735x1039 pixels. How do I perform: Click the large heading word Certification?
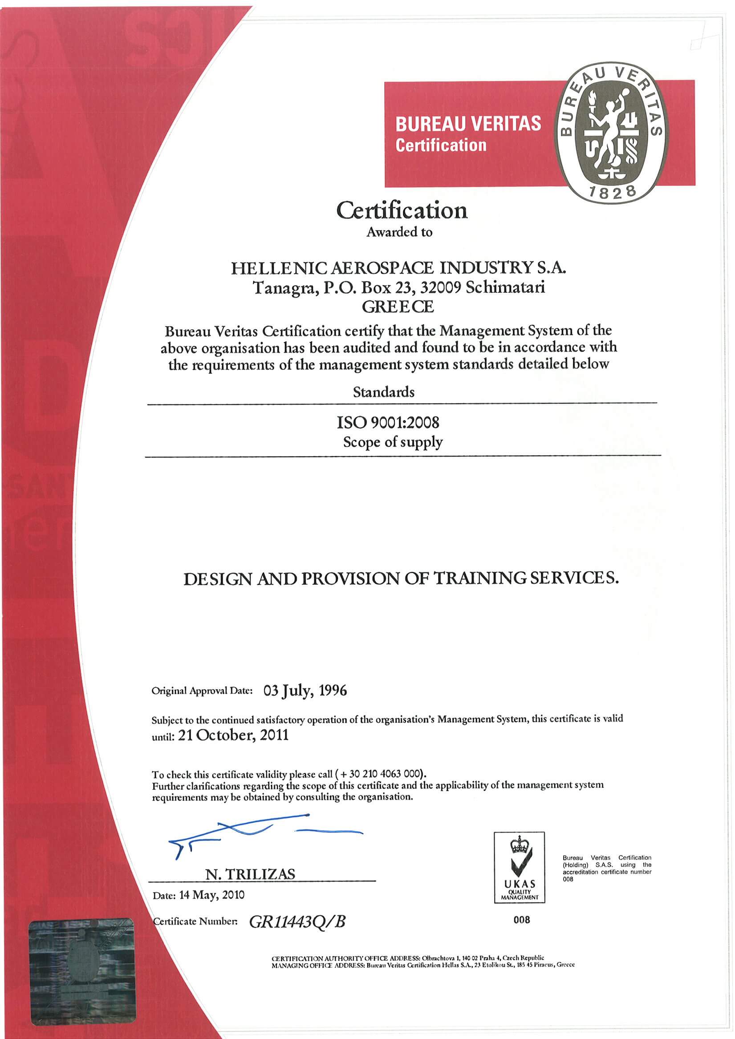(401, 211)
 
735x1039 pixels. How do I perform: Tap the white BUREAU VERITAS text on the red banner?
(468, 124)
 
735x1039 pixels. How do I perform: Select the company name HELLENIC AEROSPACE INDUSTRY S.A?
(398, 268)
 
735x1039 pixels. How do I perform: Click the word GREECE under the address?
(398, 307)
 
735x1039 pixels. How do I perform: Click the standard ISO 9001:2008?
(388, 423)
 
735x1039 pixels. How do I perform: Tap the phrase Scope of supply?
(393, 442)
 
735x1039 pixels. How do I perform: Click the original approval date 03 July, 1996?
(305, 690)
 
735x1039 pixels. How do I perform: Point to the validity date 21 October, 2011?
(233, 735)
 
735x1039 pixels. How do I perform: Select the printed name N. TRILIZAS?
(250, 874)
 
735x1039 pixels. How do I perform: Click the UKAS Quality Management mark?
(519, 866)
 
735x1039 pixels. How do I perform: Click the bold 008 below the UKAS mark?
(522, 920)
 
